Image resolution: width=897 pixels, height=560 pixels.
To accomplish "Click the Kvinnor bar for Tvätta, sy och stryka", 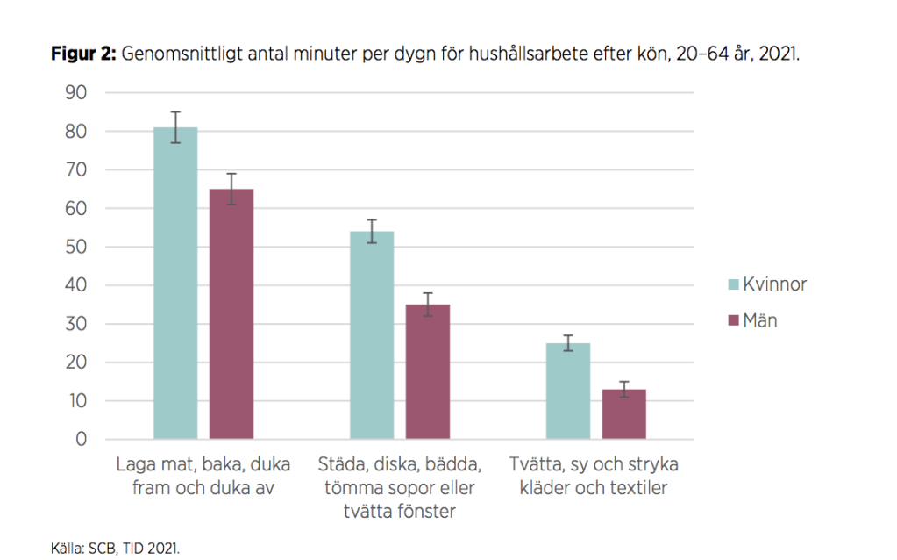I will (568, 391).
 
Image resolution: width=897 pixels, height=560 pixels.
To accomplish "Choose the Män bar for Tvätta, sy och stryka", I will (624, 413).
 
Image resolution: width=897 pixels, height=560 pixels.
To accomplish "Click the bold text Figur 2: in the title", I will (83, 54).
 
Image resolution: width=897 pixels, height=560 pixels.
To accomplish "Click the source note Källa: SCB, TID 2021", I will (115, 548).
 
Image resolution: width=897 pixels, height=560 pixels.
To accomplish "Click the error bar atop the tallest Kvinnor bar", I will (175, 127).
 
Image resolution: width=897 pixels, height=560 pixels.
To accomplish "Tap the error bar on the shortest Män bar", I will (624, 389).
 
